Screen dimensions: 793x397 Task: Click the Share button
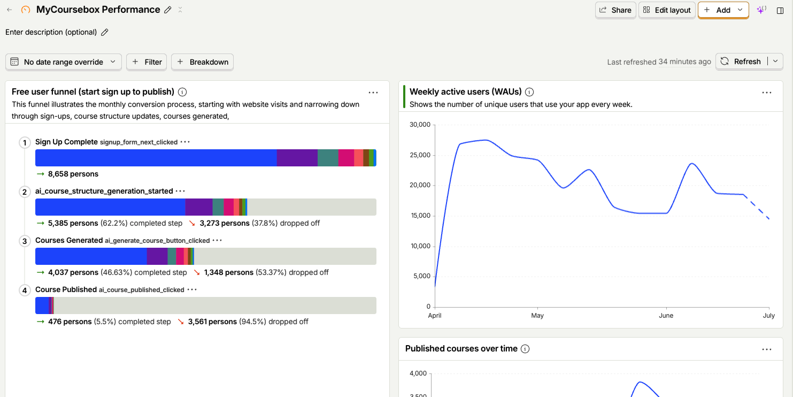tap(615, 10)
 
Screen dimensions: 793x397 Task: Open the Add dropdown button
tap(723, 10)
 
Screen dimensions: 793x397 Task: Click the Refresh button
tap(741, 62)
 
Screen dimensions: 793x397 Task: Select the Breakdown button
tap(203, 62)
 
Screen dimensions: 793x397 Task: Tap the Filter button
tap(147, 62)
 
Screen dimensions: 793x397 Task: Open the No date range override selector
tap(64, 62)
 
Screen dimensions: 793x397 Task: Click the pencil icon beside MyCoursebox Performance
tap(168, 10)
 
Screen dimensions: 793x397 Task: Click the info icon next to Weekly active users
tap(529, 92)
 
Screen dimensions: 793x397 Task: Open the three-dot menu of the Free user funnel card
tap(373, 93)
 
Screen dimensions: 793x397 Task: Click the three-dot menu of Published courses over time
tap(767, 349)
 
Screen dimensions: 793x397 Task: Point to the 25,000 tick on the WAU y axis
tap(420, 155)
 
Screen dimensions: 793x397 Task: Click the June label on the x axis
tap(666, 316)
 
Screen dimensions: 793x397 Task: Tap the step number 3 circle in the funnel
tap(25, 241)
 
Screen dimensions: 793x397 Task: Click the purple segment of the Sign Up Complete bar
tap(297, 158)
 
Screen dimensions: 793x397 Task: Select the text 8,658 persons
tap(73, 174)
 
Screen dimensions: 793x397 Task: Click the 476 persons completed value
tap(70, 322)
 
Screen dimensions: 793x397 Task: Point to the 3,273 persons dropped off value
tap(225, 223)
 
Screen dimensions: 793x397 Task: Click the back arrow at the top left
tap(10, 10)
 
